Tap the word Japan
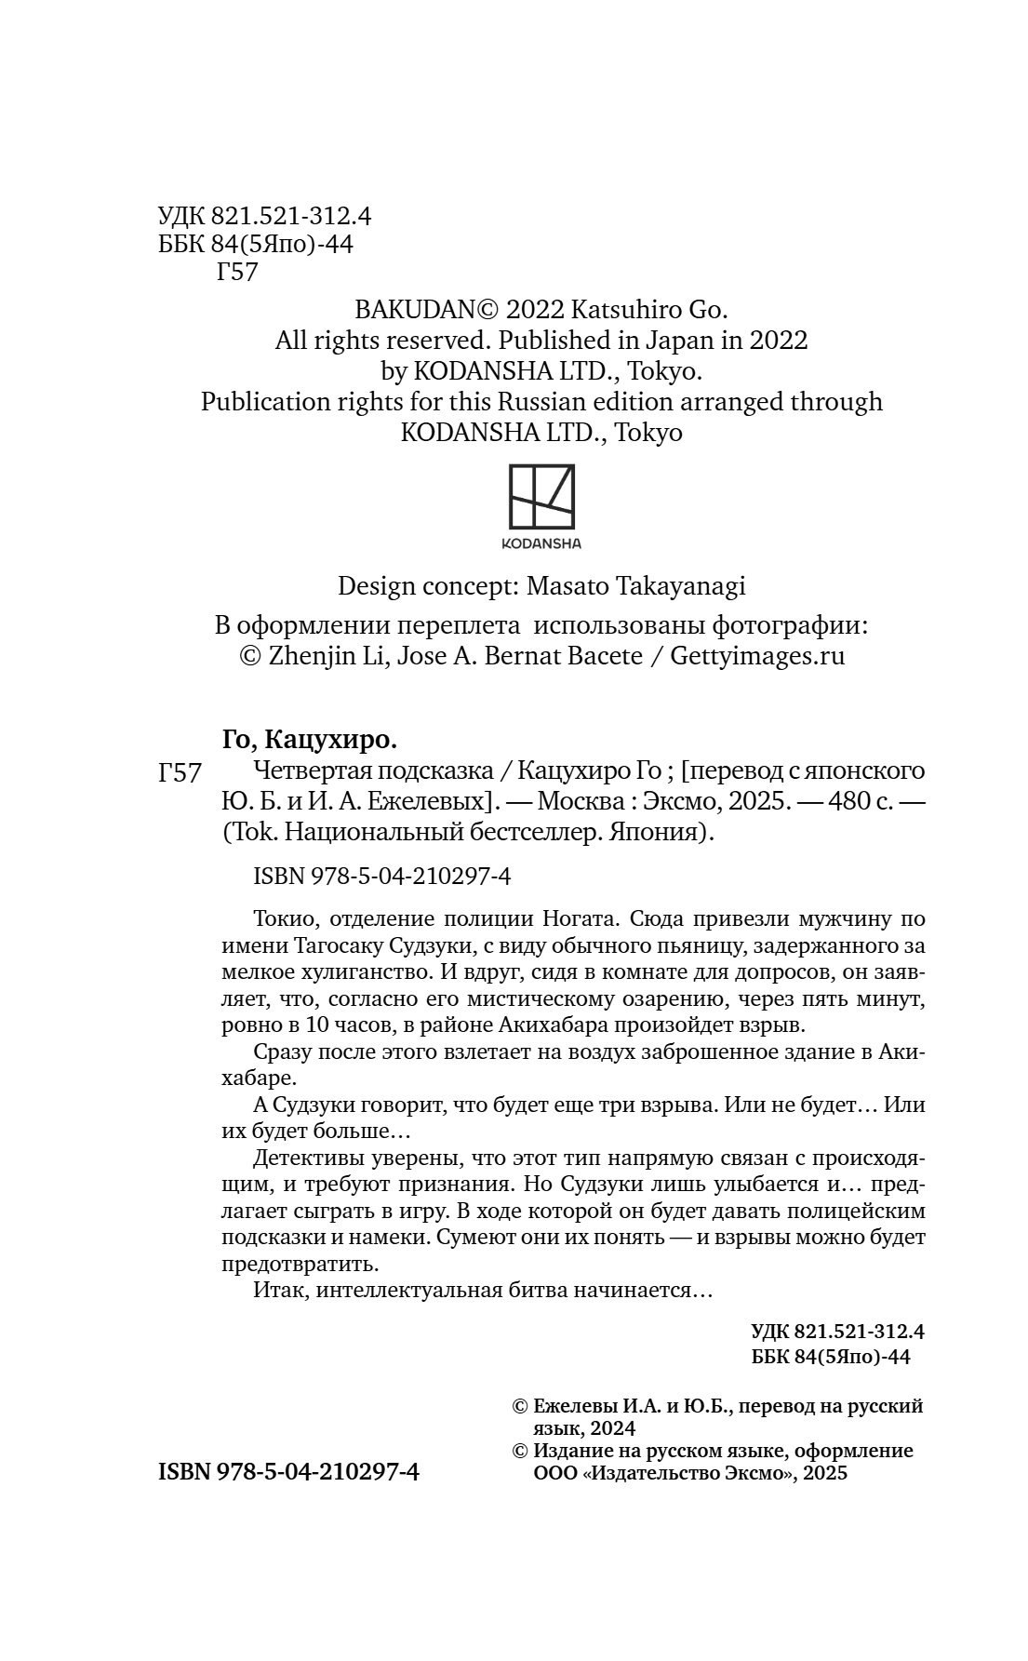coord(665,340)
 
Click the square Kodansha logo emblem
coord(541,495)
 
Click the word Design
coord(376,586)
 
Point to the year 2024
coord(610,1428)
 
